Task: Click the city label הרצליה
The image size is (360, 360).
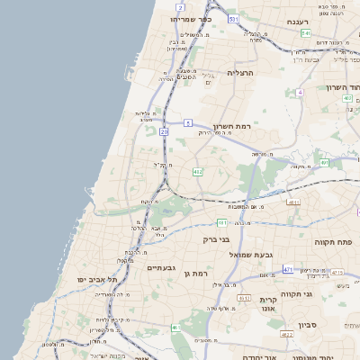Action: tap(241, 72)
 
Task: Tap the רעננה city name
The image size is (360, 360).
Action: tap(298, 21)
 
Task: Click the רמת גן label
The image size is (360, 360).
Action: tap(194, 273)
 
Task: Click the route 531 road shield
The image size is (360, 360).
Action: tap(233, 19)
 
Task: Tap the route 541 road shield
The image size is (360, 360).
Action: tap(306, 33)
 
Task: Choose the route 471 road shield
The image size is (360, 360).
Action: tap(287, 269)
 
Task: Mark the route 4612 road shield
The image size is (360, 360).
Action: tap(243, 297)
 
